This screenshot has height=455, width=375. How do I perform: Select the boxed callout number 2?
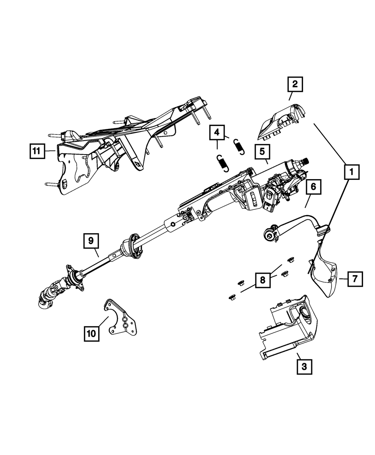coord(295,84)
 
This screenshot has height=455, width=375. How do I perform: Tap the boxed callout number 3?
coord(304,366)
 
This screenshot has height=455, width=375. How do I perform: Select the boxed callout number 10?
coord(92,333)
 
